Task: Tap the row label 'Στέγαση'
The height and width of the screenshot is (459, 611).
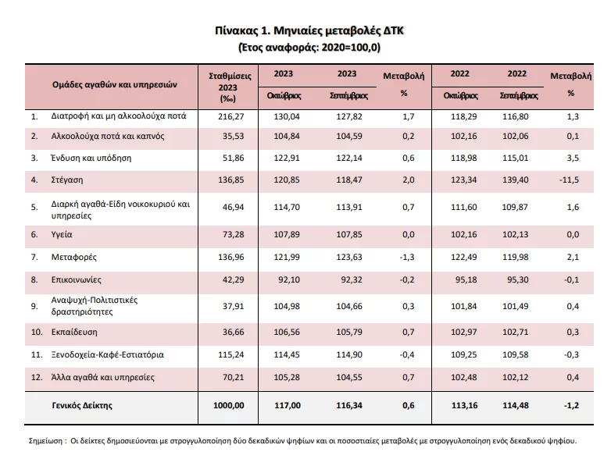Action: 69,180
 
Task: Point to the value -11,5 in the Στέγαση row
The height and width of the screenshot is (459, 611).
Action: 570,180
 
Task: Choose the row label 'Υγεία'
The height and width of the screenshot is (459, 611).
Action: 63,233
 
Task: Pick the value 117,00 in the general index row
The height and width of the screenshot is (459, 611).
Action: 288,404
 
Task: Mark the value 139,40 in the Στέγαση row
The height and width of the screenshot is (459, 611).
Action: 518,180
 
